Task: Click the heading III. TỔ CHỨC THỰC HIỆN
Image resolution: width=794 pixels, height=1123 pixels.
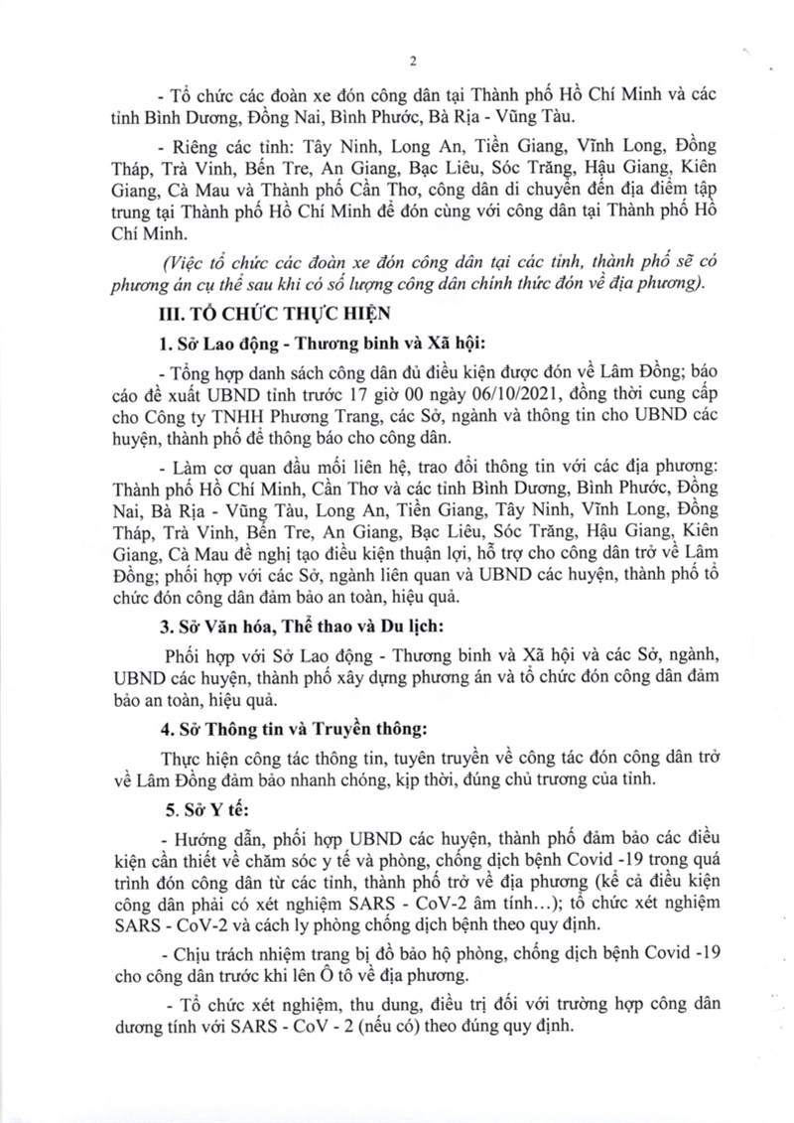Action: [254, 316]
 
